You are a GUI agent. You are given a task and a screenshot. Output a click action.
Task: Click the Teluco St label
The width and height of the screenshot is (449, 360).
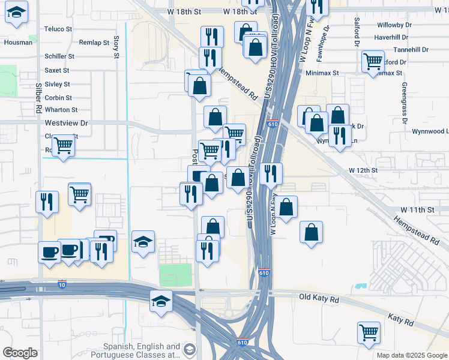58,29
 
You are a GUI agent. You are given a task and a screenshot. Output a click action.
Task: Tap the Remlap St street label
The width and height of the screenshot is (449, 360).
94,43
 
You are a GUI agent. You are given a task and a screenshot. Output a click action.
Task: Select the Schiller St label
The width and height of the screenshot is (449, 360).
59,56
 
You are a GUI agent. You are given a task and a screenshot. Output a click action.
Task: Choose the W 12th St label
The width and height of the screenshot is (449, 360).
364,170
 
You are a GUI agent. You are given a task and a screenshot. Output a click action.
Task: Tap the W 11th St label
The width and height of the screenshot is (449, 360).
418,210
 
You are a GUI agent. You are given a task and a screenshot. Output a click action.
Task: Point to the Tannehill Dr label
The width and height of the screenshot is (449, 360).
411,50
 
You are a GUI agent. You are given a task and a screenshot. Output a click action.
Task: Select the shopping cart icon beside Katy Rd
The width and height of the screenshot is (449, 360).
369,332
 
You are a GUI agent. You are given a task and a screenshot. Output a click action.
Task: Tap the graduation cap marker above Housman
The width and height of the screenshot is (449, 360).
16,12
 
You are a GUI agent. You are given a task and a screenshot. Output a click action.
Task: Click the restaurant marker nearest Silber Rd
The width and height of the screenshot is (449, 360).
47,201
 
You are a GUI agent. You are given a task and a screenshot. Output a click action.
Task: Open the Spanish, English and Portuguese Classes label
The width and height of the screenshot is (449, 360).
142,351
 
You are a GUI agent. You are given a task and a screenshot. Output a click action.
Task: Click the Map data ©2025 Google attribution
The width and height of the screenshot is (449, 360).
412,355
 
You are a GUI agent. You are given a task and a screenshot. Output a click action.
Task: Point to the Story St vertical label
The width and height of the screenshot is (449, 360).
116,47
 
